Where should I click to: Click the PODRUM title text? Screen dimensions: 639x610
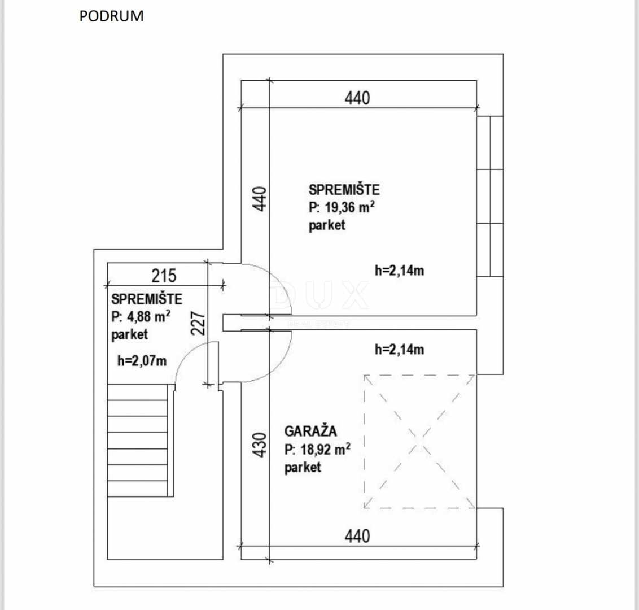(111, 16)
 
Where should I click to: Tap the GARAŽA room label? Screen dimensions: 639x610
(310, 431)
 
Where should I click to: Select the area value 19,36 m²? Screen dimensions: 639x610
(349, 207)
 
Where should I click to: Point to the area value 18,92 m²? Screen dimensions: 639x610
(326, 450)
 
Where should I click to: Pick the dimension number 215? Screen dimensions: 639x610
(164, 276)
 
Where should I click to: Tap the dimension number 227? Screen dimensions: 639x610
(198, 323)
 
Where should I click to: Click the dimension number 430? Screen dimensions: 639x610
(260, 445)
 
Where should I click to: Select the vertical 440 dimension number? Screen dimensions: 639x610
(260, 199)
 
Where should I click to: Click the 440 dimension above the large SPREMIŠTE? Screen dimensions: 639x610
(357, 98)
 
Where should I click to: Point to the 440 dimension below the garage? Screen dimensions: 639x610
(357, 536)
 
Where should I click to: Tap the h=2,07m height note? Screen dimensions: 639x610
(142, 361)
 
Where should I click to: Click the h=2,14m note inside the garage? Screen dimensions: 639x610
(400, 350)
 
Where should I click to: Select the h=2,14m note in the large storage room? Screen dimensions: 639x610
(400, 271)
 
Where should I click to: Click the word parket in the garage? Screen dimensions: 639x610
(303, 467)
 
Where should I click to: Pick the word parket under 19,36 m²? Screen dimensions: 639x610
(327, 225)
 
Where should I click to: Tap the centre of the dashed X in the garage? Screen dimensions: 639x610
(420, 442)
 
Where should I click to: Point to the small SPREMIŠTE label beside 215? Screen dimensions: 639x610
(147, 299)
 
